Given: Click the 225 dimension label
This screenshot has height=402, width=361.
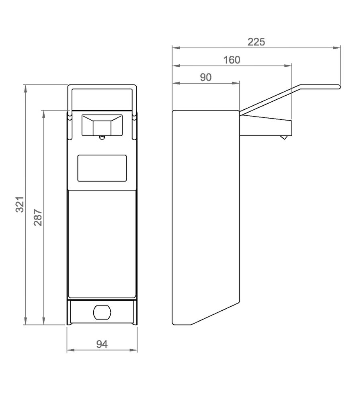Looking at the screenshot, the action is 256,42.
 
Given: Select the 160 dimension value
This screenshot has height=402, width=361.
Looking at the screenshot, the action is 232,60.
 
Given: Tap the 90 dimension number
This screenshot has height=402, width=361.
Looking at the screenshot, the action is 206,77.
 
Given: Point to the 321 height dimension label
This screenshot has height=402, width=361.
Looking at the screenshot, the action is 20,204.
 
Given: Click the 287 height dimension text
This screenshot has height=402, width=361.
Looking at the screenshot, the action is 38,217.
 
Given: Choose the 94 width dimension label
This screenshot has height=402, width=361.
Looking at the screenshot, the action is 102,344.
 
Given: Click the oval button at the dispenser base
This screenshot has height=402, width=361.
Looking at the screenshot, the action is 102,312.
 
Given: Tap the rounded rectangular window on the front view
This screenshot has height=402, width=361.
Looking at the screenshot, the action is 102,168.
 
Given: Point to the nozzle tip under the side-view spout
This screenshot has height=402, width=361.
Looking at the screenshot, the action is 283,137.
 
